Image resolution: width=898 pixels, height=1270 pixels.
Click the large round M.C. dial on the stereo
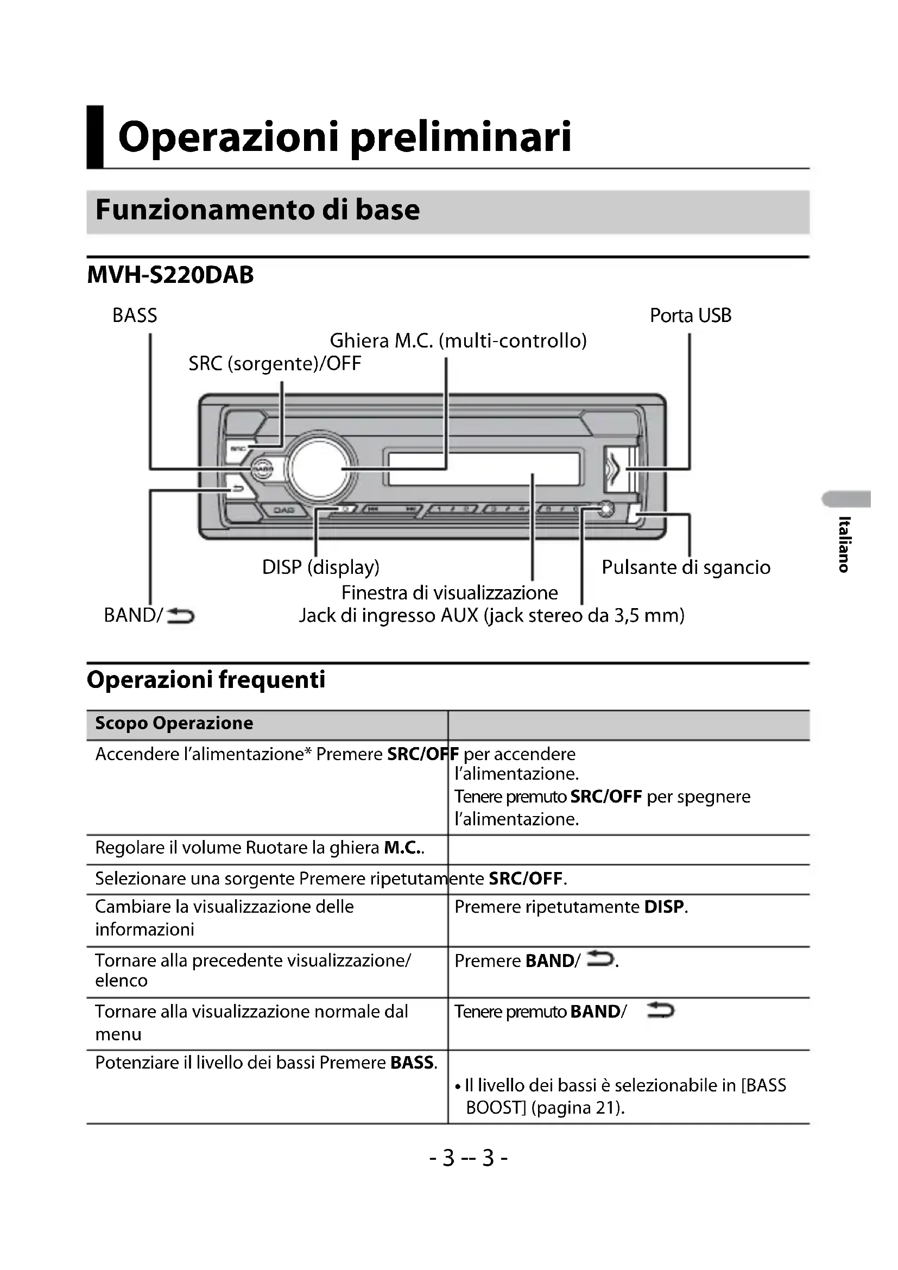click(x=319, y=469)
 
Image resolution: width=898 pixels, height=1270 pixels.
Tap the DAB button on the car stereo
click(x=283, y=510)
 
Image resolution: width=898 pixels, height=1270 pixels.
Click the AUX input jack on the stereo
click(x=605, y=508)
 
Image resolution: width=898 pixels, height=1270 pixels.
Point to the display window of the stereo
click(x=484, y=469)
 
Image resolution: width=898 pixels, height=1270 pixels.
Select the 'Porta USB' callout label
click(x=690, y=316)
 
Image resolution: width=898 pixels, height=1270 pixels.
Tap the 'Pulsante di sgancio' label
click(x=686, y=567)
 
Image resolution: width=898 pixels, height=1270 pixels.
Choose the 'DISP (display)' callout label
click(x=321, y=567)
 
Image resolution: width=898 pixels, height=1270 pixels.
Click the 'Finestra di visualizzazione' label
click(x=450, y=593)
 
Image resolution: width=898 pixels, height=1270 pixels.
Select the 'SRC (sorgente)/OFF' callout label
click(x=274, y=364)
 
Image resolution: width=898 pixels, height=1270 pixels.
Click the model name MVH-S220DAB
click(x=170, y=275)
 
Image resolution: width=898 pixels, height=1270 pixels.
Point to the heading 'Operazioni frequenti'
click(x=206, y=680)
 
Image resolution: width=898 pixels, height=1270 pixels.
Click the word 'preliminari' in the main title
click(x=460, y=137)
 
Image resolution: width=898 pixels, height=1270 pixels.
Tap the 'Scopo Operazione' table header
click(x=174, y=723)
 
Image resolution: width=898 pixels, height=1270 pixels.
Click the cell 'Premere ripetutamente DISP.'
click(x=571, y=907)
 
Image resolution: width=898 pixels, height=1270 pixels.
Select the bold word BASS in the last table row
click(x=413, y=1063)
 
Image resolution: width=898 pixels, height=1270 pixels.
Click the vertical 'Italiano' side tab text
click(x=844, y=544)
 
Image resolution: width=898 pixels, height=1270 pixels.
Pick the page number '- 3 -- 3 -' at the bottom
click(x=468, y=1158)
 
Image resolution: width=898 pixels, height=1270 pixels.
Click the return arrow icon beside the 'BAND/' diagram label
click(x=180, y=615)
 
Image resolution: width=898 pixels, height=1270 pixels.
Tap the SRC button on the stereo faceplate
click(x=238, y=448)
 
